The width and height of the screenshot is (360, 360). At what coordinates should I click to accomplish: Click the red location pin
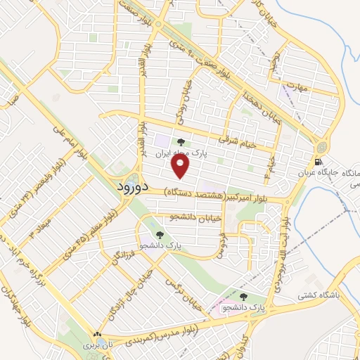(x=181, y=166)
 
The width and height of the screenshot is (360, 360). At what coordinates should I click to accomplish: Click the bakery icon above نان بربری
(x=98, y=335)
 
